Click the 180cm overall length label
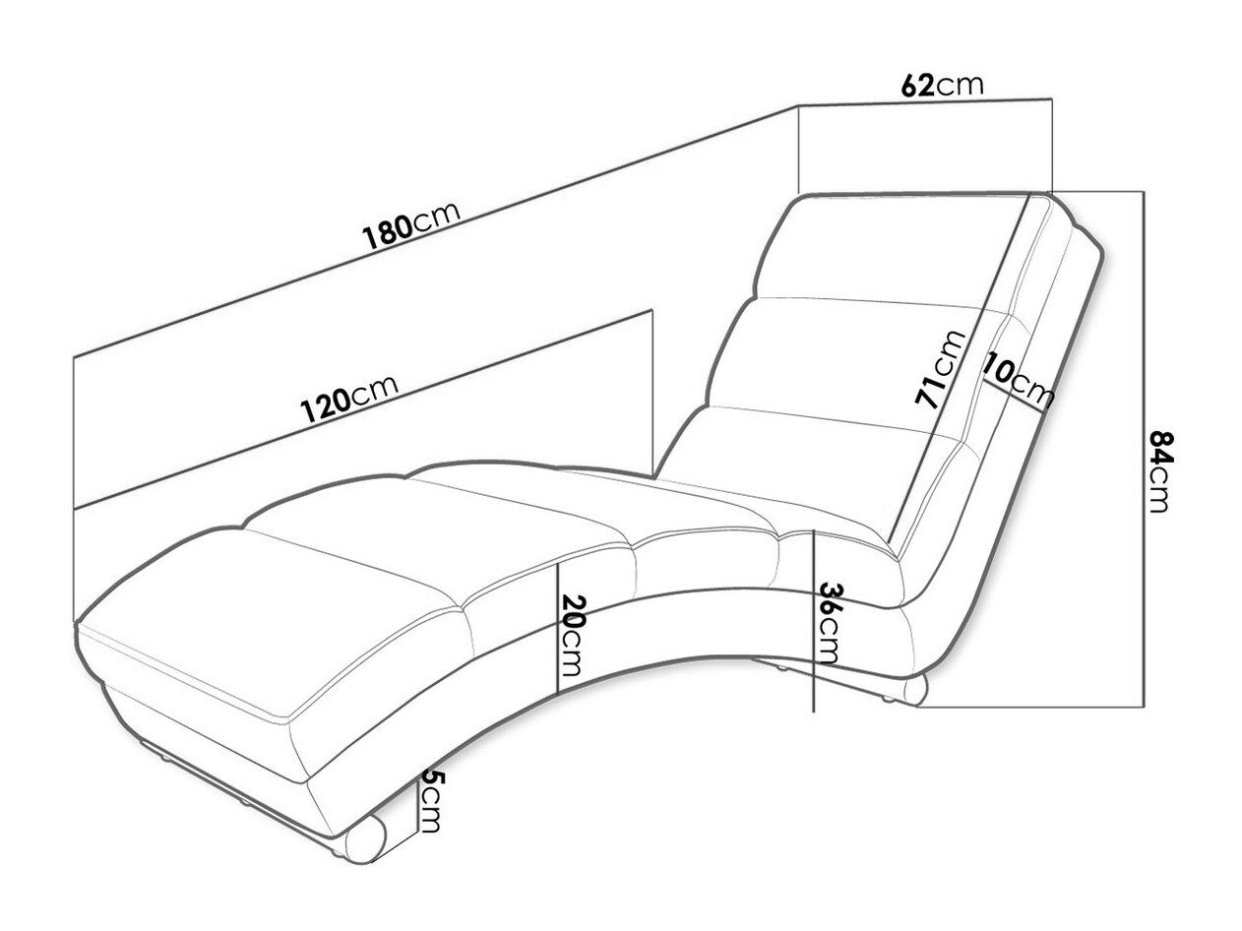pos(411,226)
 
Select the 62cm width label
pos(942,86)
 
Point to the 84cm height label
pos(1161,471)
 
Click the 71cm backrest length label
pos(941,369)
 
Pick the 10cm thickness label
pos(1019,379)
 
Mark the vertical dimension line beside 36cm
pos(813,620)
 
